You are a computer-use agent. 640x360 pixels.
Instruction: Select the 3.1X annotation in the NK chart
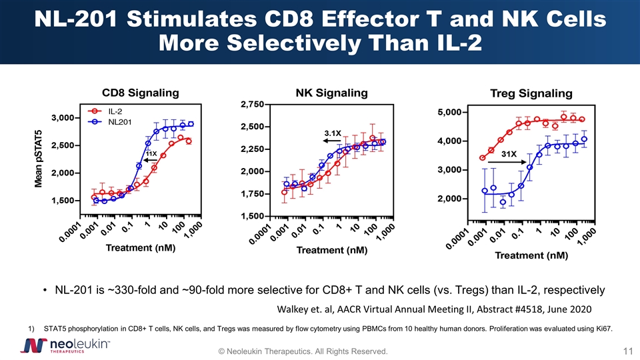[333, 133]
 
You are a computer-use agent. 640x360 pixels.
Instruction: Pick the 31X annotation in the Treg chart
[509, 155]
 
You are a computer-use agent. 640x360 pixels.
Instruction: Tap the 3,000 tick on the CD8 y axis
[61, 118]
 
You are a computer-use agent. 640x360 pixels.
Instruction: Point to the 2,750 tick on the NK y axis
[251, 104]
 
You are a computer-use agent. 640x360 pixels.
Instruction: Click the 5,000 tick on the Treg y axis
[451, 112]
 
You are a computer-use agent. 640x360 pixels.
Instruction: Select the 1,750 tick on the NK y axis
[251, 194]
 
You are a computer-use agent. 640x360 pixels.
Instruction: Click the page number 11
[627, 351]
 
